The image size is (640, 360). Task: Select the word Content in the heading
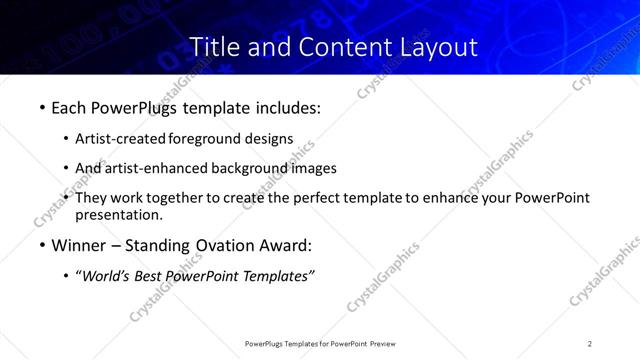(336, 46)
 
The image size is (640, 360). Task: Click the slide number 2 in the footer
(590, 343)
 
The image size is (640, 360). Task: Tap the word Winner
(78, 245)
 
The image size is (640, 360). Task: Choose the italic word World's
(105, 276)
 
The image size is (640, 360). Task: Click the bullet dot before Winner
(41, 245)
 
